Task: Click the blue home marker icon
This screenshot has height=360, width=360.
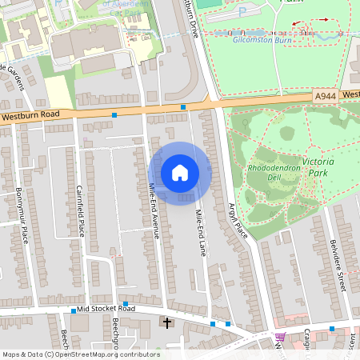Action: click(x=180, y=173)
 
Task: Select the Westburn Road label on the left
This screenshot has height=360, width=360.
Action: click(x=30, y=115)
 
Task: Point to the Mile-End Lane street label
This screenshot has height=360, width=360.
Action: click(x=201, y=232)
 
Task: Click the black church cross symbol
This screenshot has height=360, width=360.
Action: click(x=167, y=323)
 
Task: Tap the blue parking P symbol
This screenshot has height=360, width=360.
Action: click(x=242, y=13)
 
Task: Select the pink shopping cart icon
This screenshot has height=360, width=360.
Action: click(x=280, y=337)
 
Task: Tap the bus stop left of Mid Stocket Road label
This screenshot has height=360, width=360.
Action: click(x=74, y=310)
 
